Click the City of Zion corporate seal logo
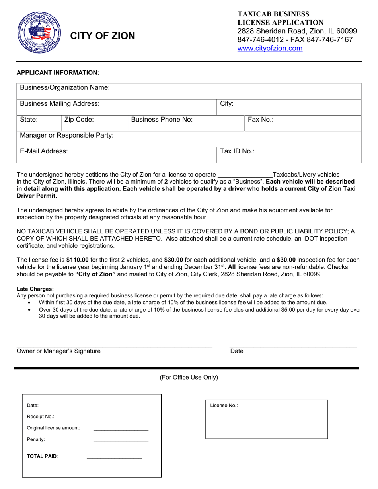click(x=39, y=33)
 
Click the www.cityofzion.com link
click(x=270, y=49)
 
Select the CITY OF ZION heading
click(x=103, y=36)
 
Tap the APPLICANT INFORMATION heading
click(x=58, y=72)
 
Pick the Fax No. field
click(x=302, y=123)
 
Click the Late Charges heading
click(x=35, y=289)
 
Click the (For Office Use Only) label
click(x=189, y=377)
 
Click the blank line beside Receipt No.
click(x=121, y=417)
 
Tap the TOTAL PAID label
click(x=42, y=456)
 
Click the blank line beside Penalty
click(x=121, y=440)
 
